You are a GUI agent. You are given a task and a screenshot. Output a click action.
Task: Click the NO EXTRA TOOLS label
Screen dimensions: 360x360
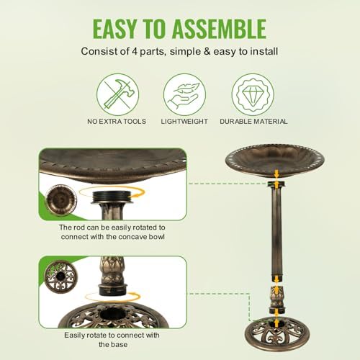(x=117, y=122)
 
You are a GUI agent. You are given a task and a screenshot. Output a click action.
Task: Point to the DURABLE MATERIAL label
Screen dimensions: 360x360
(x=253, y=122)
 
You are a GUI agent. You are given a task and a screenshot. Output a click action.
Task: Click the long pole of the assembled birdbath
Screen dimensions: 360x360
(x=276, y=230)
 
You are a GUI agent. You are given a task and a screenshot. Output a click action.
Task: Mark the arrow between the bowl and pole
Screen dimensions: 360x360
(x=276, y=173)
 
